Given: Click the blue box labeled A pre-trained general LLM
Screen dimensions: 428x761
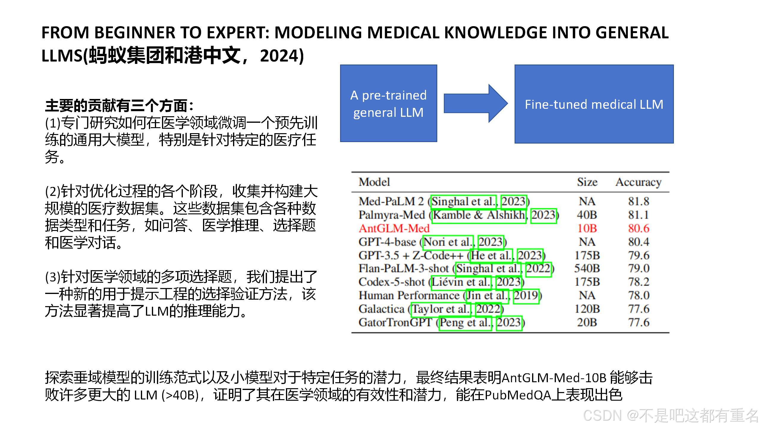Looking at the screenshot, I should click(x=388, y=103).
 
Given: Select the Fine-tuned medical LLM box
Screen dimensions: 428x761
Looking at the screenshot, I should click(x=594, y=104).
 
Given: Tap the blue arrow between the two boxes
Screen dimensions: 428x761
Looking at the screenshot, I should click(x=475, y=103).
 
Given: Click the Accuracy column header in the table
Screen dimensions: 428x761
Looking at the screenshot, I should click(x=638, y=182).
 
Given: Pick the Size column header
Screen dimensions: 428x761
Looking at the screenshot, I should click(x=587, y=182).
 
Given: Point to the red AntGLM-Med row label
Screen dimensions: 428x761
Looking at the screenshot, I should click(x=394, y=228).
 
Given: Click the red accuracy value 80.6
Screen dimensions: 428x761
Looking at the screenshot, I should click(x=639, y=228).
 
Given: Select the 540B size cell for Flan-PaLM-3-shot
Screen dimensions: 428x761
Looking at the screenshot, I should click(x=587, y=268).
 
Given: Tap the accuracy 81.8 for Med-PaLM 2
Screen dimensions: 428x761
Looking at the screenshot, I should click(x=639, y=202).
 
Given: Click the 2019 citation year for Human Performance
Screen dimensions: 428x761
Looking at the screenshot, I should click(x=526, y=295).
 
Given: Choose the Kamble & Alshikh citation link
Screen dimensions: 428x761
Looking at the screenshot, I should click(x=479, y=215).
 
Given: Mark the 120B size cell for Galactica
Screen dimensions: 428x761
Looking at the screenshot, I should click(x=587, y=309).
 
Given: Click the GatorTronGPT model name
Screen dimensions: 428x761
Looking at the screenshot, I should click(x=395, y=322).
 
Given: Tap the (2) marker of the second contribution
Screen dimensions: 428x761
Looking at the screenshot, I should click(x=53, y=191).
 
